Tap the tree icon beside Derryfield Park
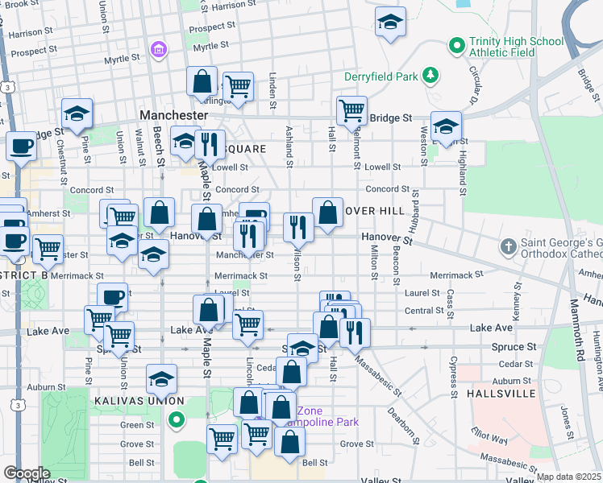432,76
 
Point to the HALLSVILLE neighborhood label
500,394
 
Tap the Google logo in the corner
26,473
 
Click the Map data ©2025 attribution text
568,477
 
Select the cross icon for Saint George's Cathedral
508,246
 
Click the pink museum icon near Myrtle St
159,50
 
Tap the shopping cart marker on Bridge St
351,110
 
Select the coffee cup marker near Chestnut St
21,147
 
